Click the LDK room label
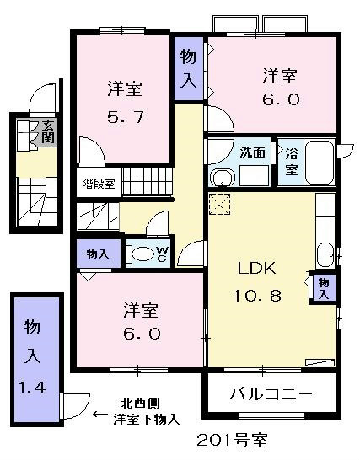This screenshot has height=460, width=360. [x=257, y=268]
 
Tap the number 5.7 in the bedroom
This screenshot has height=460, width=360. [x=126, y=117]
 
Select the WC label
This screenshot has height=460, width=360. [x=163, y=254]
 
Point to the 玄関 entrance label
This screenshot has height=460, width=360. [x=48, y=131]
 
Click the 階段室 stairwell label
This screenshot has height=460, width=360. [x=98, y=184]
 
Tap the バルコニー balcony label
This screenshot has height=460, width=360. [x=271, y=394]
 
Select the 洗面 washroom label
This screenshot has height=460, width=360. [x=253, y=152]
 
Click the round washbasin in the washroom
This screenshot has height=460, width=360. [x=223, y=178]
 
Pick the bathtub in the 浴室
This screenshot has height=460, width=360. [x=320, y=162]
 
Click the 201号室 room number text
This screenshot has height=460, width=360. [x=232, y=440]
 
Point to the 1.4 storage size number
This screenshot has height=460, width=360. [x=32, y=388]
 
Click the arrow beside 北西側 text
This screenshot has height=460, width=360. [x=100, y=415]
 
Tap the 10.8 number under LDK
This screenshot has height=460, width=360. [x=257, y=295]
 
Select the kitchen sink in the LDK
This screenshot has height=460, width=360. [x=325, y=255]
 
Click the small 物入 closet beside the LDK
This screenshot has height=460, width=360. [x=324, y=289]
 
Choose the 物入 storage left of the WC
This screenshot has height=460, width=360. [x=98, y=254]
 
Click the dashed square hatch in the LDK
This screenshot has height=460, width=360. [x=219, y=204]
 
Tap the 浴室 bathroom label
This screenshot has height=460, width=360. [x=291, y=161]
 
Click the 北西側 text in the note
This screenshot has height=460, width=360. [x=140, y=403]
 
